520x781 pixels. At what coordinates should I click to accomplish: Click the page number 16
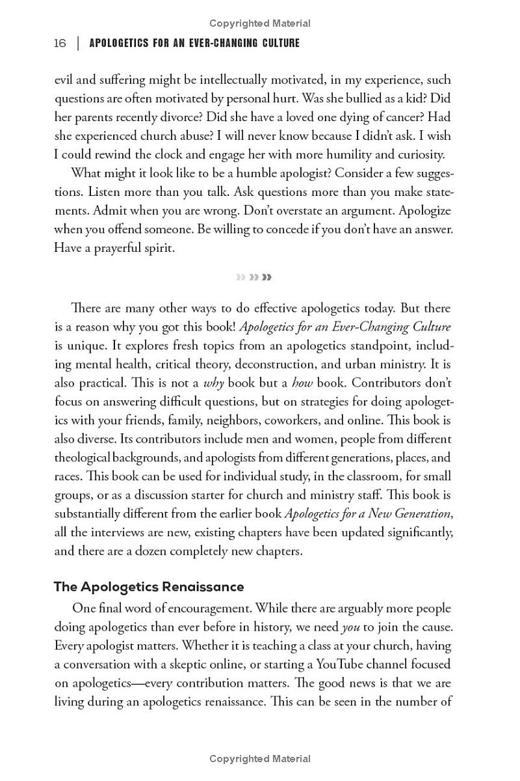(x=60, y=44)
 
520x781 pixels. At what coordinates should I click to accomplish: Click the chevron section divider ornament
(x=254, y=277)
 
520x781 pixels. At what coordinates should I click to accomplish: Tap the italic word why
(x=214, y=383)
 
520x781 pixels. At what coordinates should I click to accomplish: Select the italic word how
(x=302, y=383)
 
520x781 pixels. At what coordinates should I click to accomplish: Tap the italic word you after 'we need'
(x=351, y=628)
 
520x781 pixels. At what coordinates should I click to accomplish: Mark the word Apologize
(x=424, y=211)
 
